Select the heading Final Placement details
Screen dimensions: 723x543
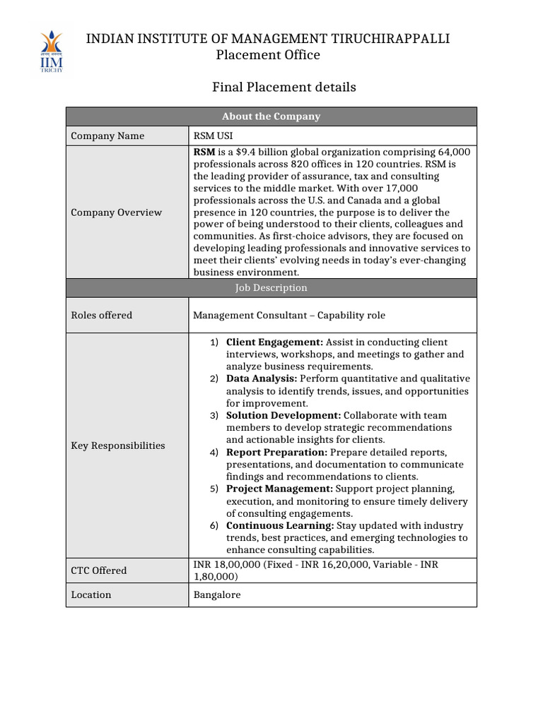[284, 87]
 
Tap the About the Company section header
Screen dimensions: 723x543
[271, 116]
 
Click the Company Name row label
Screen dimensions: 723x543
[107, 136]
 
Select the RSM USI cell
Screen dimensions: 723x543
[213, 136]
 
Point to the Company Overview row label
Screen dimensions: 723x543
[117, 213]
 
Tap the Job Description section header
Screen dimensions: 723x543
[271, 288]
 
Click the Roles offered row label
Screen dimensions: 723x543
[102, 316]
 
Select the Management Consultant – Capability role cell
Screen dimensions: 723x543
[289, 316]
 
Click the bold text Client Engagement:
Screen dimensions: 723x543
[274, 342]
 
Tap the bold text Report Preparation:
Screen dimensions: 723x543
[276, 453]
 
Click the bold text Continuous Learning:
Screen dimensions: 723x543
[280, 526]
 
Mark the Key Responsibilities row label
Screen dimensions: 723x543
[118, 446]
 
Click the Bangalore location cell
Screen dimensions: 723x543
[217, 595]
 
